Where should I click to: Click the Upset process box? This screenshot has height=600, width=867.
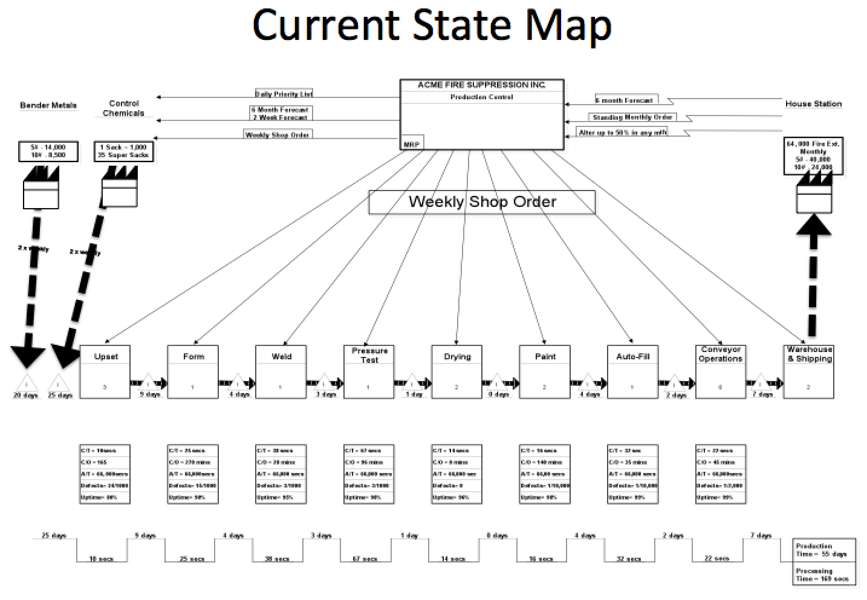tap(105, 371)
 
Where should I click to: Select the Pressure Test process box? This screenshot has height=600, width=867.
tap(369, 371)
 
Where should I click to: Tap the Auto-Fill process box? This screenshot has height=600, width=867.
tap(632, 371)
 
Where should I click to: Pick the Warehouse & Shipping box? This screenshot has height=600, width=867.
tap(808, 371)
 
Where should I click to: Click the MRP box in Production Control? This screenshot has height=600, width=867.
tap(412, 144)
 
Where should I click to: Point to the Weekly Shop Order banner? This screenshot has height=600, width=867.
tap(482, 202)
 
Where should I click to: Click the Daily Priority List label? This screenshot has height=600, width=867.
tap(284, 94)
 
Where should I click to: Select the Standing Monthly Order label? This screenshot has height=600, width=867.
tap(632, 117)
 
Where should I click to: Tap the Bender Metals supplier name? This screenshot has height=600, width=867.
tap(48, 105)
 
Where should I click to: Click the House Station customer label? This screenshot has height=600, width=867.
tap(813, 103)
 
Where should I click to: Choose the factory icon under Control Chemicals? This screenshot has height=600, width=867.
tap(120, 186)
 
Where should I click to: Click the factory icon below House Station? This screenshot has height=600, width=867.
tap(814, 192)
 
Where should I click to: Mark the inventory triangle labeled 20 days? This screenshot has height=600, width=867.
tap(26, 384)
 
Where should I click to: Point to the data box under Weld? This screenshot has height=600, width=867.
tap(281, 474)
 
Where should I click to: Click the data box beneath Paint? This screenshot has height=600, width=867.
tap(544, 474)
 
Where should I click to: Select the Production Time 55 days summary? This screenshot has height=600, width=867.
tap(824, 550)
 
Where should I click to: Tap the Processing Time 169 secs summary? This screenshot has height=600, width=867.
tap(824, 575)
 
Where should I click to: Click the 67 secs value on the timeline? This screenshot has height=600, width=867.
tap(365, 558)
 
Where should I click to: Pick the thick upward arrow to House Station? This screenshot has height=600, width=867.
tap(813, 272)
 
